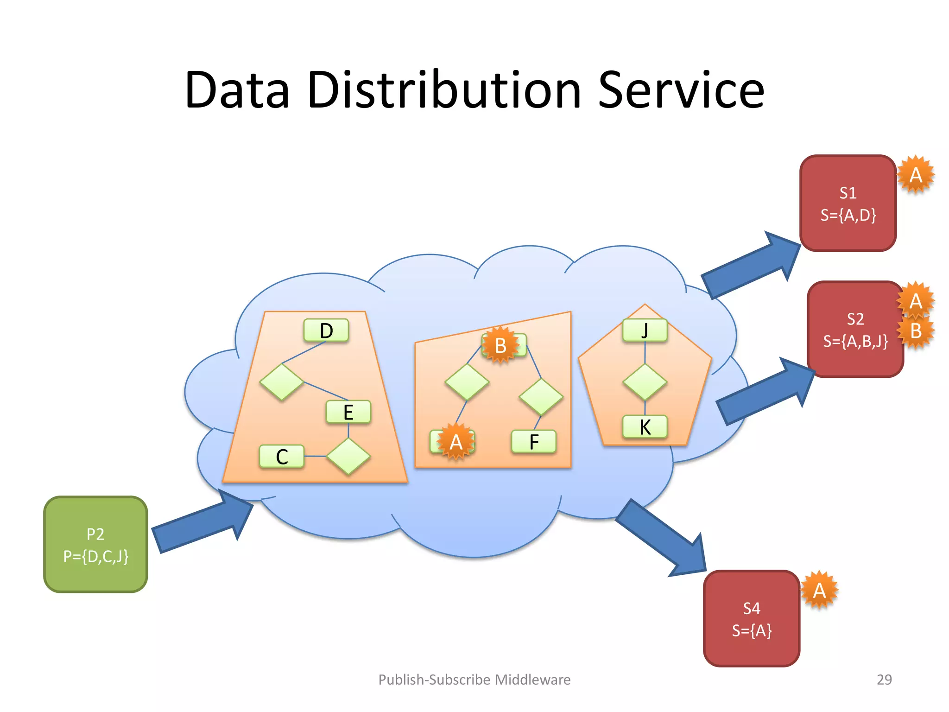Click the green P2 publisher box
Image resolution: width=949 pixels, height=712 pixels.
pyautogui.click(x=95, y=544)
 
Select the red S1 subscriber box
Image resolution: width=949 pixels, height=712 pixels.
pyautogui.click(x=848, y=203)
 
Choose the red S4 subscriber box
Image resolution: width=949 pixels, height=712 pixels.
pyautogui.click(x=751, y=618)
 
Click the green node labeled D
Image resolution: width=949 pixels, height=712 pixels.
pyautogui.click(x=326, y=331)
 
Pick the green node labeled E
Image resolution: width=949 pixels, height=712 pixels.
pyautogui.click(x=348, y=412)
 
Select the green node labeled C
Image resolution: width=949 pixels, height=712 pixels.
pyautogui.click(x=282, y=457)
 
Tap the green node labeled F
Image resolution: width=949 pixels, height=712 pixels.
pyautogui.click(x=534, y=442)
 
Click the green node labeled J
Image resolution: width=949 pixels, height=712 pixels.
pyautogui.click(x=645, y=331)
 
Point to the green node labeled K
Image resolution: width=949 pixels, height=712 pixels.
pyautogui.click(x=645, y=427)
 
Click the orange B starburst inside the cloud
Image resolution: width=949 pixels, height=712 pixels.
pyautogui.click(x=500, y=345)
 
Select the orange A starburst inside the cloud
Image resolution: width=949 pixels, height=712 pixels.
pyautogui.click(x=456, y=442)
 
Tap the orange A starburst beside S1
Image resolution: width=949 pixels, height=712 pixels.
pyautogui.click(x=916, y=175)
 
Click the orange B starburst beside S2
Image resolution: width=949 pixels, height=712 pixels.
pyautogui.click(x=916, y=331)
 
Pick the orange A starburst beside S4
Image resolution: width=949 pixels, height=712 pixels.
pyautogui.click(x=819, y=590)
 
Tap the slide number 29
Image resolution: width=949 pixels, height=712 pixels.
pyautogui.click(x=884, y=680)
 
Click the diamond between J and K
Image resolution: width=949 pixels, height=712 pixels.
pyautogui.click(x=645, y=382)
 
